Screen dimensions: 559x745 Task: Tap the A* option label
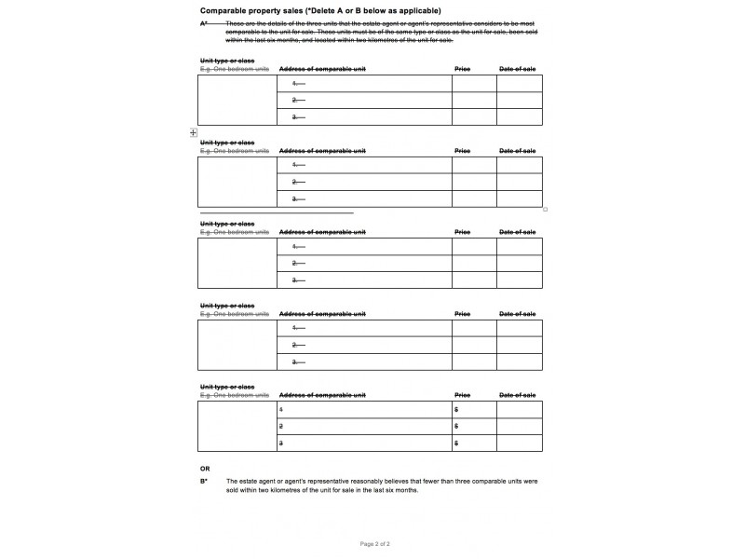pos(204,23)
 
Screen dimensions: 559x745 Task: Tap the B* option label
pos(204,481)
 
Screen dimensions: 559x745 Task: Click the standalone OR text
pos(205,468)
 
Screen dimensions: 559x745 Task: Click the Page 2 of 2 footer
pos(374,542)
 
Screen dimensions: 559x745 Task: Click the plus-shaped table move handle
pos(193,133)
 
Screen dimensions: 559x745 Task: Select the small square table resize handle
pos(545,210)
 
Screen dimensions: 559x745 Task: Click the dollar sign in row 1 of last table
pos(456,410)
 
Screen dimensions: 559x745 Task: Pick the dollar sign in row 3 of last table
pos(456,444)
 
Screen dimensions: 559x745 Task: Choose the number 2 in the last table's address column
pos(281,427)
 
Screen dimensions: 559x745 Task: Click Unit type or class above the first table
pos(227,61)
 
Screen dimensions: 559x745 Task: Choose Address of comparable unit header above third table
pos(322,232)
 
